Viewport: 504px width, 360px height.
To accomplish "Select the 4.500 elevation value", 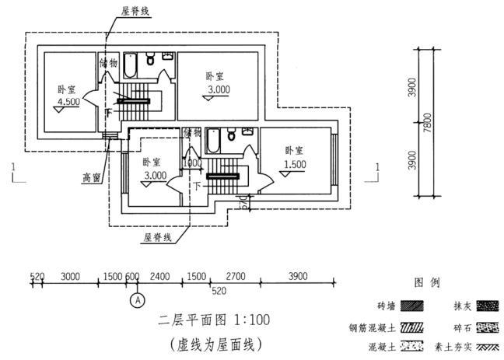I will click(68, 102).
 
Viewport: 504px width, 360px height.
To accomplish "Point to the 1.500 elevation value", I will click(293, 165).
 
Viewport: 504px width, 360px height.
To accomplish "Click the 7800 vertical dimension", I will click(426, 123).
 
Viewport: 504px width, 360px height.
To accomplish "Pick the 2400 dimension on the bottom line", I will click(160, 276).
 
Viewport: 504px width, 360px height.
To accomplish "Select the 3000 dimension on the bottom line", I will click(71, 276).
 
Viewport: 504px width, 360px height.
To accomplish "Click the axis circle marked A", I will click(138, 299).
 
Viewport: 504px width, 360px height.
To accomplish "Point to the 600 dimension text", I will click(132, 276).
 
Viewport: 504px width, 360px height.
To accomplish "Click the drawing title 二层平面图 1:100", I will click(205, 320).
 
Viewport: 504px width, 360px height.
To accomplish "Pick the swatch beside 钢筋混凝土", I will click(411, 327).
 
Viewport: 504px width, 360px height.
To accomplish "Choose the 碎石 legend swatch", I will click(487, 327).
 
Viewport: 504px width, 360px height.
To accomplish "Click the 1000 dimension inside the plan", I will click(192, 163).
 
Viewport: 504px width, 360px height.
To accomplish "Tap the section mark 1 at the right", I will click(376, 167).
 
